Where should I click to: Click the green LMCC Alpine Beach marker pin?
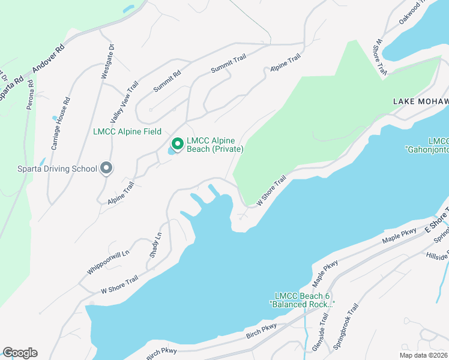coord(177,144)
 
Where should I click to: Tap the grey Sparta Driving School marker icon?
coord(106,168)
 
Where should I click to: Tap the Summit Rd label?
coord(167,82)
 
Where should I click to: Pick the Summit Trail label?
coord(229,63)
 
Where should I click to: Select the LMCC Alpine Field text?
coord(127,131)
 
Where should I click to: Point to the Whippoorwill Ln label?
coord(108,262)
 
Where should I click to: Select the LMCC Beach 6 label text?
coord(303,296)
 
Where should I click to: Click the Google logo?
coord(20,353)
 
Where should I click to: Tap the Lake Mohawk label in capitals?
coord(420,102)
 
